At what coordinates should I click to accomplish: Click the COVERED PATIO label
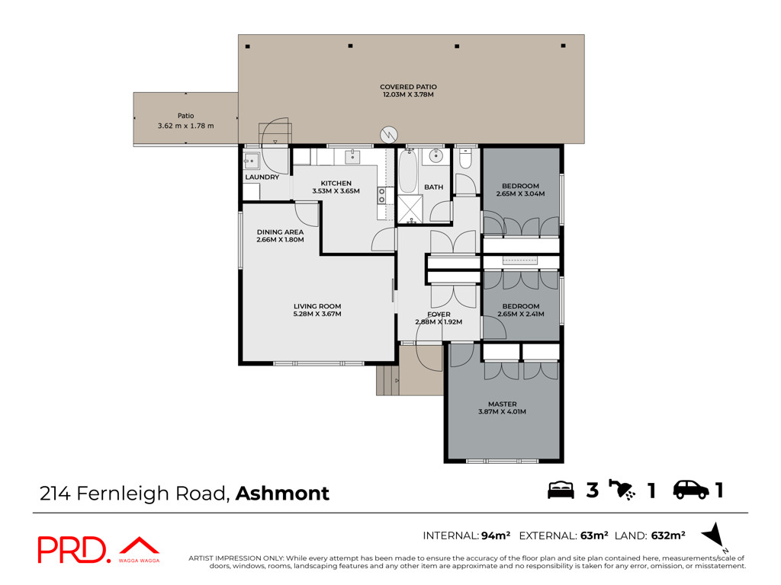click(x=408, y=87)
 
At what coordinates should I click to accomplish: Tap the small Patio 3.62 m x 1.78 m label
click(x=186, y=120)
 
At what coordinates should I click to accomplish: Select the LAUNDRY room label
click(x=262, y=177)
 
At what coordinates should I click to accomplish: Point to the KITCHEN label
click(x=336, y=183)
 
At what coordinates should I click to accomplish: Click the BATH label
click(x=433, y=187)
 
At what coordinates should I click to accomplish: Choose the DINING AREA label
click(x=280, y=232)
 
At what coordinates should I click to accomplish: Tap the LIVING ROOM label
click(x=317, y=306)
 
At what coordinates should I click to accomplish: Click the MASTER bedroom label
click(x=502, y=404)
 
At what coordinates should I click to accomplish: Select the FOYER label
click(x=439, y=315)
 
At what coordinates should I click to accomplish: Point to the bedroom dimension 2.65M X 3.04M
click(x=520, y=194)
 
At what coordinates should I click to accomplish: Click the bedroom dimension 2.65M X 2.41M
click(x=520, y=314)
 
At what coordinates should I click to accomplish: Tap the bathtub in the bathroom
click(x=408, y=171)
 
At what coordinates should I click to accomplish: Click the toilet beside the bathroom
click(x=465, y=158)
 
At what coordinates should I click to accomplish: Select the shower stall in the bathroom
click(x=410, y=209)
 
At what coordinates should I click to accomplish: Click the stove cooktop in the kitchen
click(x=382, y=196)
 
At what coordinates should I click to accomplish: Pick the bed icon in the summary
click(x=561, y=490)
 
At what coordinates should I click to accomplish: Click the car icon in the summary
click(x=691, y=490)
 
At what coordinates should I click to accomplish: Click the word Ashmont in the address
click(x=282, y=494)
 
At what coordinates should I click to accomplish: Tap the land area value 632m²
click(x=668, y=535)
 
